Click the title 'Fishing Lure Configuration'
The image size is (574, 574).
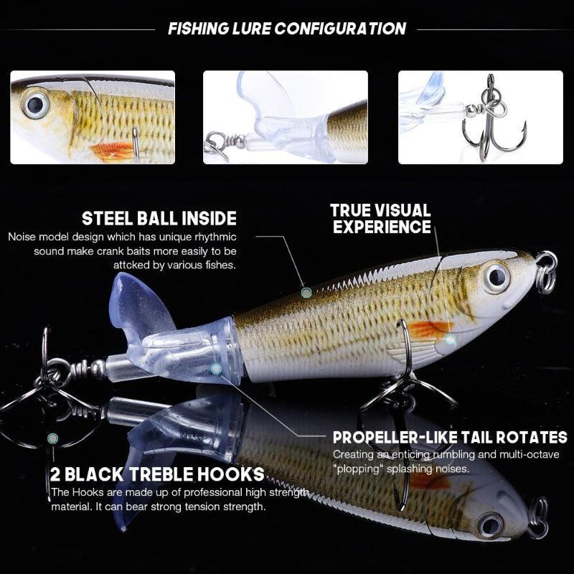click(x=286, y=29)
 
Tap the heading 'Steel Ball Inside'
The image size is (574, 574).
click(x=159, y=218)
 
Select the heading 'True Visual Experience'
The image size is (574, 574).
click(x=380, y=219)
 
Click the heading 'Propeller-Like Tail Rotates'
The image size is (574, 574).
click(x=450, y=437)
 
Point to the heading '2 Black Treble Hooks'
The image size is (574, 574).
click(x=157, y=474)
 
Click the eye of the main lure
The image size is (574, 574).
click(x=495, y=277)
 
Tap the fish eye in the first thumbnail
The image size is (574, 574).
click(x=34, y=105)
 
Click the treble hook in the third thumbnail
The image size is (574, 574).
click(x=492, y=122)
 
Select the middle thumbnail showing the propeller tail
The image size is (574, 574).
click(x=286, y=117)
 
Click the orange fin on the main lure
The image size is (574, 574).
click(x=429, y=329)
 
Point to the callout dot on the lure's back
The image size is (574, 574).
click(x=306, y=292)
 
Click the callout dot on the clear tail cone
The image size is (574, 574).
click(x=216, y=369)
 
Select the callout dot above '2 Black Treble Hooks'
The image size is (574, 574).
click(x=52, y=438)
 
